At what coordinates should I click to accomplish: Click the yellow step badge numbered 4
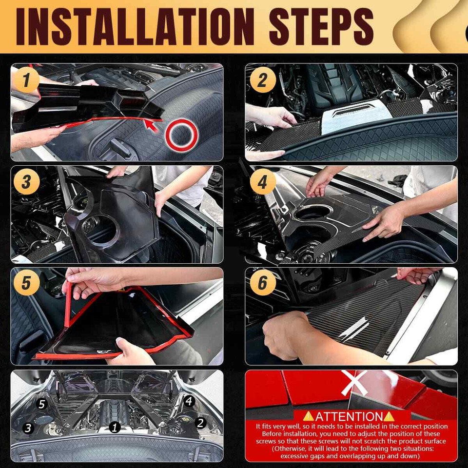pyautogui.click(x=263, y=183)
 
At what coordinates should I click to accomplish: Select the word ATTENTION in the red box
pyautogui.click(x=349, y=416)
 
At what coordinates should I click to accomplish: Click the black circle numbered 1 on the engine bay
pyautogui.click(x=115, y=428)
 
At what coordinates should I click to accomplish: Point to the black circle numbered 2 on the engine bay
pyautogui.click(x=200, y=422)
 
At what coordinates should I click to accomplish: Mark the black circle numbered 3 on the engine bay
pyautogui.click(x=28, y=428)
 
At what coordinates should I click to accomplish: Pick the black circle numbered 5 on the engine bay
pyautogui.click(x=42, y=404)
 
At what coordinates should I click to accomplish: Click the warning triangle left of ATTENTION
pyautogui.click(x=308, y=416)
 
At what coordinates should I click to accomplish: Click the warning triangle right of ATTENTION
pyautogui.click(x=389, y=416)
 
